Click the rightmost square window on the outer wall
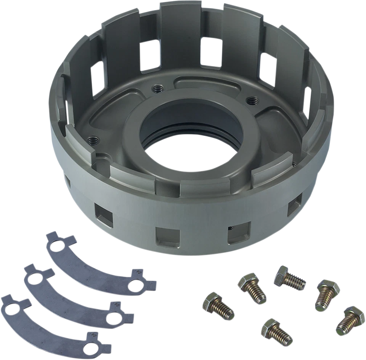pos(294,206)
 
